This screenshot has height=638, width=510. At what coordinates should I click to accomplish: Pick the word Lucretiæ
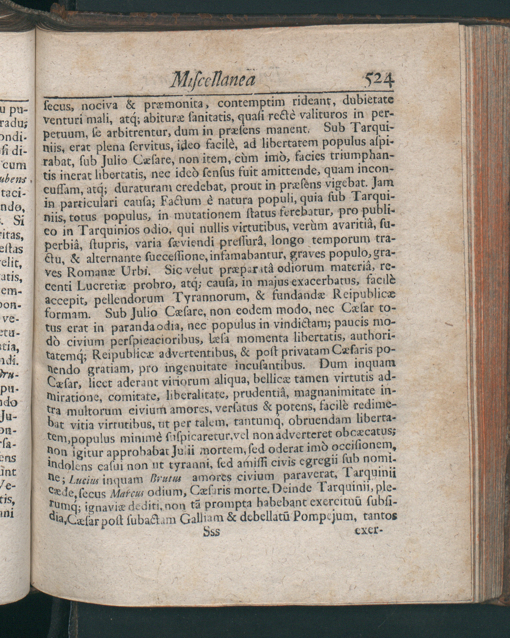(102, 286)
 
